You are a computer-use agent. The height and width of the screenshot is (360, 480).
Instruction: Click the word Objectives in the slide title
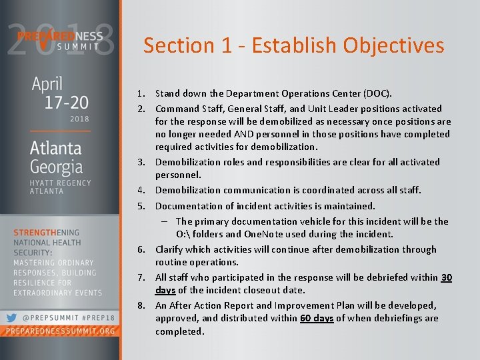pos(393,45)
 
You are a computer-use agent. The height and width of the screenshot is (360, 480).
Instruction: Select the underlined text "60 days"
pos(317,318)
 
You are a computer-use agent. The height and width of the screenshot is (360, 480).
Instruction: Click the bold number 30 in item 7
pos(446,277)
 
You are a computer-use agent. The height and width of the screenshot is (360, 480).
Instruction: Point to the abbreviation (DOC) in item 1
pos(377,93)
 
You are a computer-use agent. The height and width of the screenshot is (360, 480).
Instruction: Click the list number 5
pos(142,206)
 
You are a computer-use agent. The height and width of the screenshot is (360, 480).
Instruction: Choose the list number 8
pos(142,305)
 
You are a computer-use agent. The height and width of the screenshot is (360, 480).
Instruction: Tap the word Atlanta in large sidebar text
pos(56,147)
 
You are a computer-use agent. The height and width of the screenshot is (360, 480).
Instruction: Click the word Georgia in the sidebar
pos(57,167)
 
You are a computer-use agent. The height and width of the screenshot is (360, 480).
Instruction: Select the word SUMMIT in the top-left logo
pos(78,47)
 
